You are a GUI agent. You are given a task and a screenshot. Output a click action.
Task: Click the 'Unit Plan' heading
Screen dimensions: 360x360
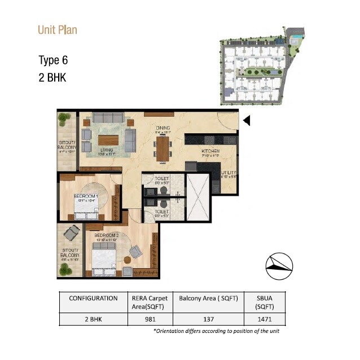pos(58,30)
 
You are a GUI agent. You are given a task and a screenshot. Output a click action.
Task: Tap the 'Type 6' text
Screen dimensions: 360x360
pos(53,60)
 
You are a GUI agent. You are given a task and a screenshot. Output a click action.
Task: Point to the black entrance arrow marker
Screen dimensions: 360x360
pos(246,120)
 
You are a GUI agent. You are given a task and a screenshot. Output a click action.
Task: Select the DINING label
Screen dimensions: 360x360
pos(163,128)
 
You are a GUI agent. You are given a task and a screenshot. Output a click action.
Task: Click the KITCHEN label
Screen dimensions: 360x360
pos(210,152)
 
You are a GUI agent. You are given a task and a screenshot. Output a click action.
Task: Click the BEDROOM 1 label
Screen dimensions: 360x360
pos(86,196)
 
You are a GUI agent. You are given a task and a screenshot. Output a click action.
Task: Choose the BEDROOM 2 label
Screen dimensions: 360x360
pos(106,235)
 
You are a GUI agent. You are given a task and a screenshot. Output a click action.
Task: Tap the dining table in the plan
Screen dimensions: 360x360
pos(163,149)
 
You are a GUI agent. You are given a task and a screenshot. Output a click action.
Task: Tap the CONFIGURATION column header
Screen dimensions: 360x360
pos(93,298)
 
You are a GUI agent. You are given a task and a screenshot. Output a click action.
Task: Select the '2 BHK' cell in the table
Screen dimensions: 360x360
pos(93,318)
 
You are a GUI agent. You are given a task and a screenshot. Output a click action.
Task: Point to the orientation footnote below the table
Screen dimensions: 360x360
pos(216,331)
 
